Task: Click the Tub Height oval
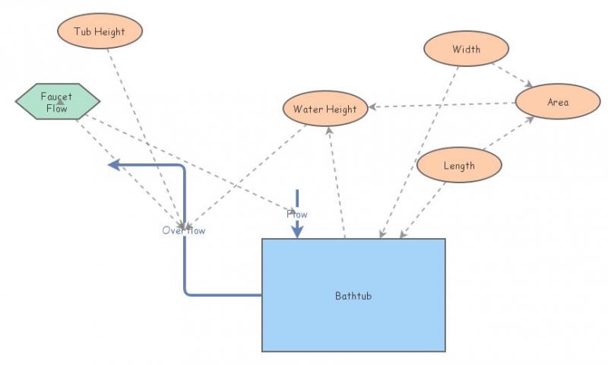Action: pos(100,32)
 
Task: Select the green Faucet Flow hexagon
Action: pos(57,102)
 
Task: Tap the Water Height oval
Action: pos(325,109)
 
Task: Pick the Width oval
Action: pos(466,49)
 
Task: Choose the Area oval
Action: pos(557,102)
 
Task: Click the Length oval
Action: pos(459,165)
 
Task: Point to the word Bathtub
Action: pos(353,295)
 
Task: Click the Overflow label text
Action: pos(183,230)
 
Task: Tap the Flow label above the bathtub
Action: pos(297,214)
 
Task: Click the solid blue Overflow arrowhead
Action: pos(114,164)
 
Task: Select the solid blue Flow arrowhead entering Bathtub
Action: pos(297,232)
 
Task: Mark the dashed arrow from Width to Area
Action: pos(512,75)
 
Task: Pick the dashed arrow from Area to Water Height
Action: pos(441,105)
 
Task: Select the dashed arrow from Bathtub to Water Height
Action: pos(337,182)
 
